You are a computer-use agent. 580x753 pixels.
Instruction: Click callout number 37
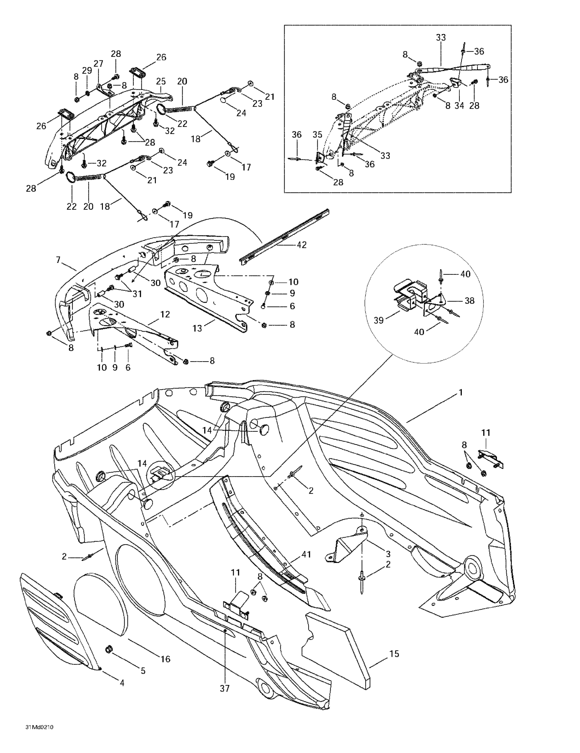143,671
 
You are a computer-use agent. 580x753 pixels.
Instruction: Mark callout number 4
122,683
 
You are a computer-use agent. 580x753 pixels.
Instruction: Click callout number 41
306,554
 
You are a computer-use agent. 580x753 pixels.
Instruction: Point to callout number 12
165,315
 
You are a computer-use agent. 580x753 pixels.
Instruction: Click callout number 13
197,328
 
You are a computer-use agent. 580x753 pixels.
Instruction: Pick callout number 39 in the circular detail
379,320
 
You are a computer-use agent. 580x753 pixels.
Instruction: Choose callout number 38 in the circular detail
470,301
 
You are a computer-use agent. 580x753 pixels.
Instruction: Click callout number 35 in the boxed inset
317,135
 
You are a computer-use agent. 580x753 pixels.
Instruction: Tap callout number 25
161,81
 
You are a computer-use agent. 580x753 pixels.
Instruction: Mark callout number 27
99,64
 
